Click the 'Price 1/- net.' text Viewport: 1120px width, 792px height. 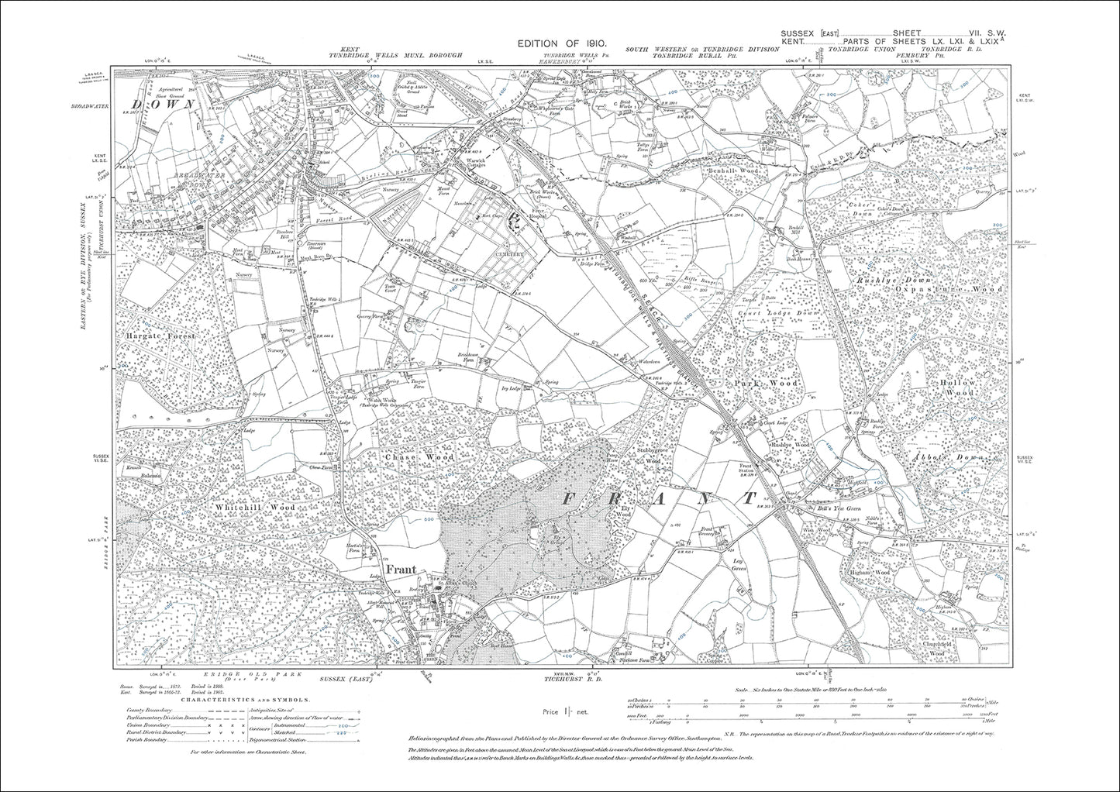point(562,711)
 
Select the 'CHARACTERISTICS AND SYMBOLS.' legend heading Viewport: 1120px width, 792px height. point(246,698)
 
